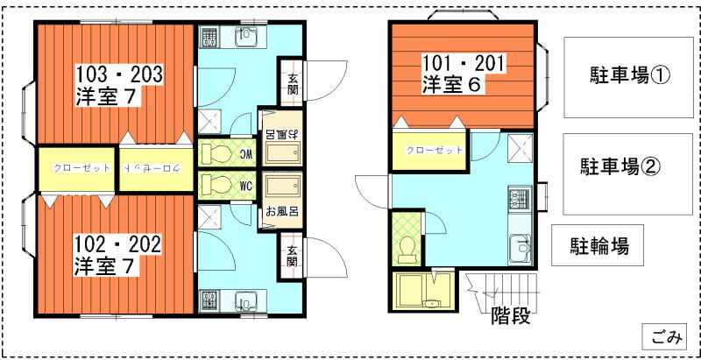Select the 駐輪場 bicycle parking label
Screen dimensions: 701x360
(599, 245)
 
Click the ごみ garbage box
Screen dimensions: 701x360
(664, 336)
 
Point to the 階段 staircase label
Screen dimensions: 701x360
(511, 316)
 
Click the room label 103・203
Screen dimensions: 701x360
(119, 74)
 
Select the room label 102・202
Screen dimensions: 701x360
(118, 244)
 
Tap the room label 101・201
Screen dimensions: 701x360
(464, 64)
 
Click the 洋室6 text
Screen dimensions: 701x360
(451, 85)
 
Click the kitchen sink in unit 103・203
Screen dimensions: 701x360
(246, 36)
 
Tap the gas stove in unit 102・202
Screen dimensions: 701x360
(208, 301)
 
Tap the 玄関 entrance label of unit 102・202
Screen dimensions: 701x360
(293, 256)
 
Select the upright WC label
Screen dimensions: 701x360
(247, 184)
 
